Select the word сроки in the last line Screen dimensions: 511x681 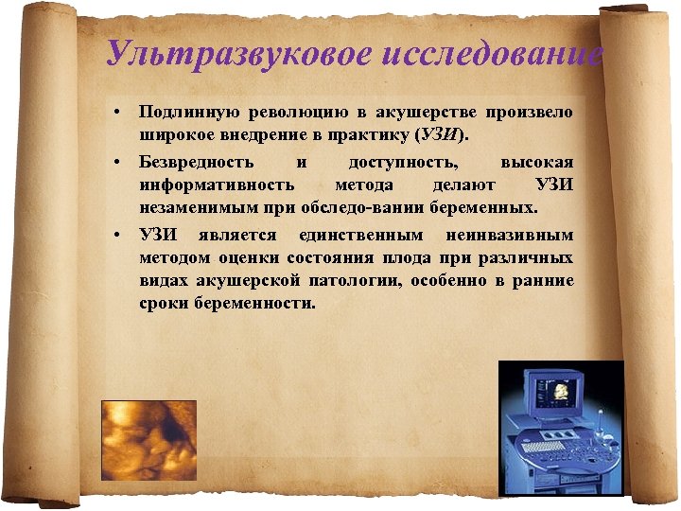pos(163,304)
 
